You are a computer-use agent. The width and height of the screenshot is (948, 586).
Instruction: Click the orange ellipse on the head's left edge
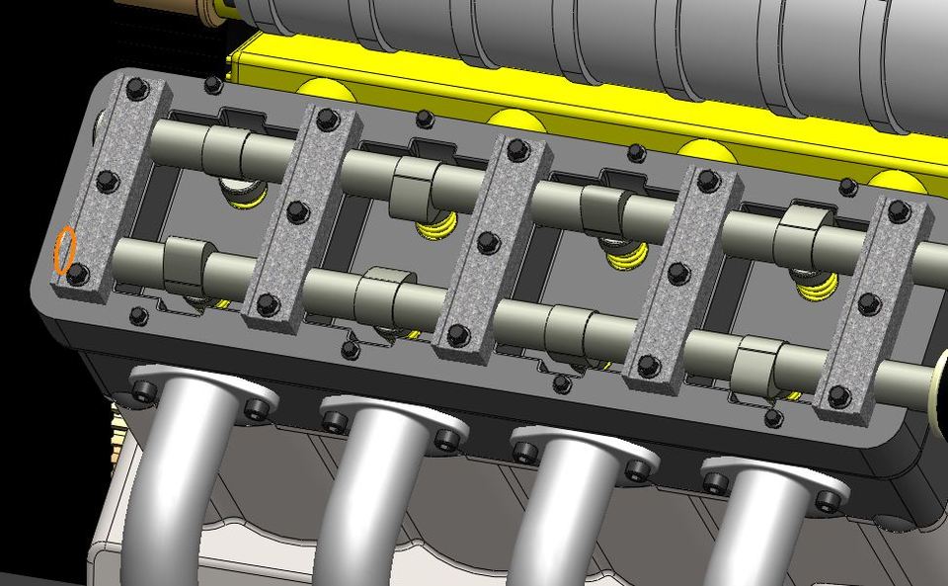(x=65, y=250)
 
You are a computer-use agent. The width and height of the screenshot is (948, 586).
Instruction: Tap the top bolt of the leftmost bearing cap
(x=136, y=90)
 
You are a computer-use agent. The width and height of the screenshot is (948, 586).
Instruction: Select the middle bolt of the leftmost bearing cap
(x=108, y=181)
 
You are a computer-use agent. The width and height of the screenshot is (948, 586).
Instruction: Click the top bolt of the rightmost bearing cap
(x=898, y=210)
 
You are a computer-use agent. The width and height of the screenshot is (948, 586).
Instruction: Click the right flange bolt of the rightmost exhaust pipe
(x=828, y=501)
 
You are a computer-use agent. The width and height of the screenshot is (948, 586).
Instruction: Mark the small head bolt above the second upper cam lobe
(x=425, y=120)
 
